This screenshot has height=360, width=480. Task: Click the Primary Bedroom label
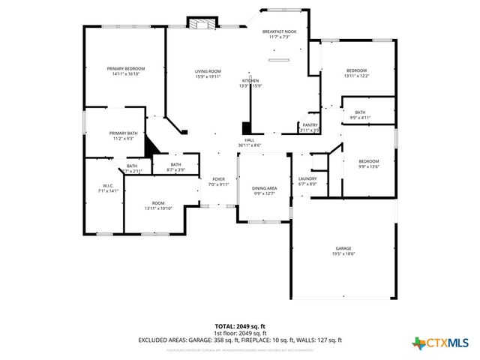click(126, 68)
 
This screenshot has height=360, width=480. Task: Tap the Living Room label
click(208, 70)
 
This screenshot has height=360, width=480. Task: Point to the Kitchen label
click(250, 80)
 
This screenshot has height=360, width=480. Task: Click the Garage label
click(343, 248)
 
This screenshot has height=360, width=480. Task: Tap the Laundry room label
click(307, 178)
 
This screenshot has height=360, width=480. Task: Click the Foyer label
click(218, 179)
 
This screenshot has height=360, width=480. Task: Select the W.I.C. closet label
click(107, 186)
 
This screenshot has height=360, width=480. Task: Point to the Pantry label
click(310, 125)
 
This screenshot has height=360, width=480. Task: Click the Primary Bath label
click(123, 133)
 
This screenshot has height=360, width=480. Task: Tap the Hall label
click(249, 140)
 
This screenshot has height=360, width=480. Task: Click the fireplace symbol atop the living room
click(202, 24)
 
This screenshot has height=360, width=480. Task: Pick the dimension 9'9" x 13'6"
click(368, 166)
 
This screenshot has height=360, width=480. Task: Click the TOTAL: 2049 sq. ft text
click(239, 327)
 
